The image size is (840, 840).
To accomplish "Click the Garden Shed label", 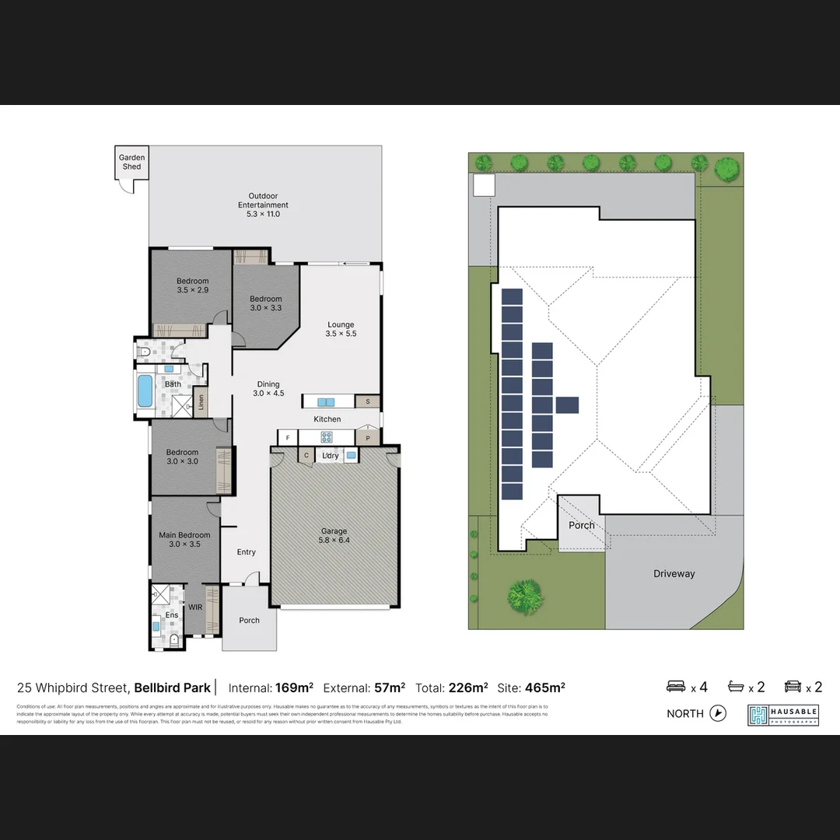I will (131, 162).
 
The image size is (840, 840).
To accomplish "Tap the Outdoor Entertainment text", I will (263, 205).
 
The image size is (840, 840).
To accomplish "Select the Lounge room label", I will (341, 329).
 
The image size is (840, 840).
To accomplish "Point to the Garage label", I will (334, 535).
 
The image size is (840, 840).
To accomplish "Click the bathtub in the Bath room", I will (145, 390).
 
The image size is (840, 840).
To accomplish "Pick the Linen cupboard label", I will (201, 402).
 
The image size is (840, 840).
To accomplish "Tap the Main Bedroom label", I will (184, 539).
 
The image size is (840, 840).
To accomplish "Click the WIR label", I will (195, 607).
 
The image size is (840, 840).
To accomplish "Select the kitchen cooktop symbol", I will (327, 438).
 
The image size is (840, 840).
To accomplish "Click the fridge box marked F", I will (288, 438).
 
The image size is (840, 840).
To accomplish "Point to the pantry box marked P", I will (368, 439).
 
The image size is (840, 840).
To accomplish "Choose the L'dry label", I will (331, 456).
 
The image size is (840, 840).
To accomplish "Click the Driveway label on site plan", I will (674, 574).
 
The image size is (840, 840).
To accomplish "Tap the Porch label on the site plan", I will (581, 526).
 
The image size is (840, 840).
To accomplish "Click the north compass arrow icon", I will (718, 713).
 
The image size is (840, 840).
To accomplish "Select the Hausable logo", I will (783, 715).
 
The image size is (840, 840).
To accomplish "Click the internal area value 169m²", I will (294, 688).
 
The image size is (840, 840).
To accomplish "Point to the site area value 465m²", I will (544, 688).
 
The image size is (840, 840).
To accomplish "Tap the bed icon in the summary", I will (677, 687).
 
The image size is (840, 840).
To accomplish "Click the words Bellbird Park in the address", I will (172, 688).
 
